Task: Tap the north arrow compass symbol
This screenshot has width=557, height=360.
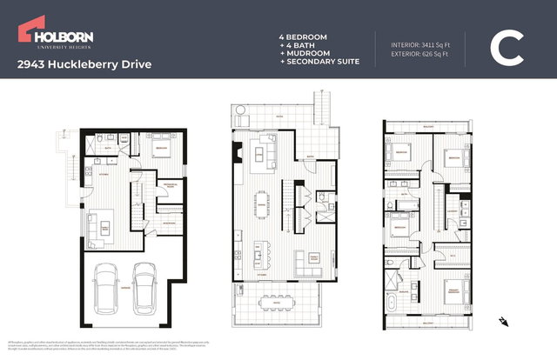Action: (x=502, y=321)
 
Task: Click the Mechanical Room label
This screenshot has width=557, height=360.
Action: (x=170, y=185)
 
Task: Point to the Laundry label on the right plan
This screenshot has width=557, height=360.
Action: (x=453, y=211)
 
